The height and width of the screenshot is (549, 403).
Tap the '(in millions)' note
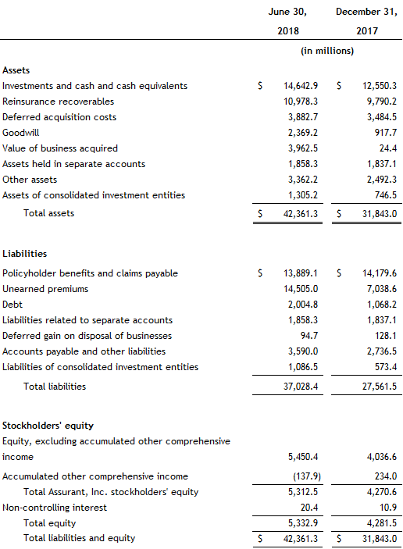[327, 51]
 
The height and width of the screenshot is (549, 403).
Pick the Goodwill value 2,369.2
[298, 133]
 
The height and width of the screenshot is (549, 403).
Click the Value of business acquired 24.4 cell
[385, 148]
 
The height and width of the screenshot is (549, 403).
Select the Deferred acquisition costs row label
[59, 117]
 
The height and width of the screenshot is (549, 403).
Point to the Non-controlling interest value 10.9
[385, 508]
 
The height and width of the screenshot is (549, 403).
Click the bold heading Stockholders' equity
[48, 426]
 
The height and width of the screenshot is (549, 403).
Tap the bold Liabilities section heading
[25, 254]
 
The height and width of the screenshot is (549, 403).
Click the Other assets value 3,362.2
[298, 180]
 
